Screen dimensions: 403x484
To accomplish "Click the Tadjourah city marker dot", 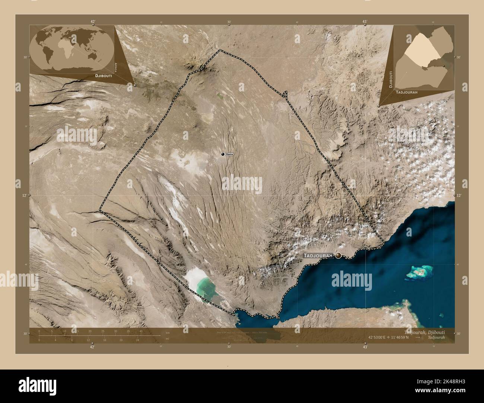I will (338, 255).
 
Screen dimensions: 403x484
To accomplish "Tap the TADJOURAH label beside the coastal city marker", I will (319, 256).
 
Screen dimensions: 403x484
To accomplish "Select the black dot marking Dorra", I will (223, 154).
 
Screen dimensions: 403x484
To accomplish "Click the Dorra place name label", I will (229, 154).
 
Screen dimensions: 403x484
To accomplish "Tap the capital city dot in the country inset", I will (444, 66).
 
